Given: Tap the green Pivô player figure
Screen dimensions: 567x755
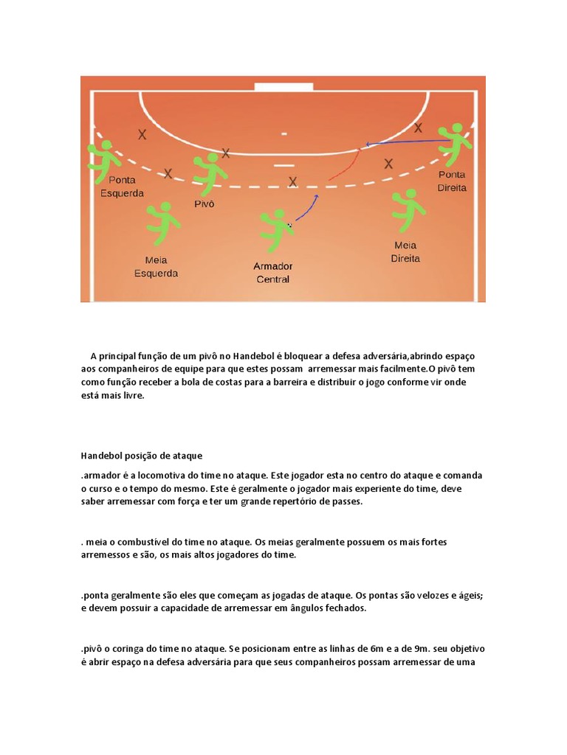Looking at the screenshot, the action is pos(210,173).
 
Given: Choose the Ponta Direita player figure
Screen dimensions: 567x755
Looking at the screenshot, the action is pos(453,143).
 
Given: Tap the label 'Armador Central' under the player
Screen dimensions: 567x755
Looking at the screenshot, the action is pos(273,273).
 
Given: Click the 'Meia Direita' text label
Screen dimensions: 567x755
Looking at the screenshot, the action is pos(405,252).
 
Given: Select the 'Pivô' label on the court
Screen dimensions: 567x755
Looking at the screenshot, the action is pos(204,204).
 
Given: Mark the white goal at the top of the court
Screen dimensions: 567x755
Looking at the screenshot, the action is pos(283,87).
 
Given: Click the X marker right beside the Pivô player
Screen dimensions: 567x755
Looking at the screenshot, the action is pos(226,153).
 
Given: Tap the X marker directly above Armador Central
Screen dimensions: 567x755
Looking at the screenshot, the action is pos(293,181).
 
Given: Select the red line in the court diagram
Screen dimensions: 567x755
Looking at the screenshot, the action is pos(345,166).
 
